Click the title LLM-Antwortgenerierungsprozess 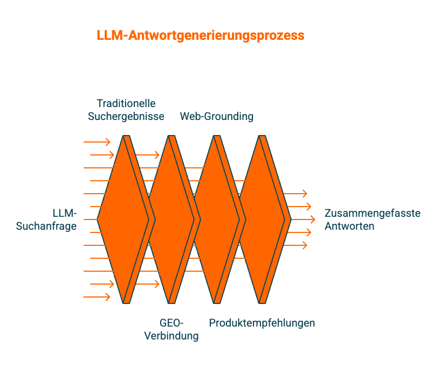click(x=201, y=36)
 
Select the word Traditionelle click(x=126, y=103)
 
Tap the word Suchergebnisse click(x=126, y=116)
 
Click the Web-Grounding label click(x=217, y=116)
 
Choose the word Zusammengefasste click(x=373, y=213)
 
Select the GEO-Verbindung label click(x=171, y=329)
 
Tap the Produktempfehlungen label click(x=262, y=323)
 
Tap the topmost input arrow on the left click(x=97, y=142)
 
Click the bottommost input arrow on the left click(x=97, y=297)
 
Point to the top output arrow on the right click(x=295, y=194)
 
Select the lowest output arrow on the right click(x=295, y=245)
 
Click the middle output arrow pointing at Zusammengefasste click(x=303, y=220)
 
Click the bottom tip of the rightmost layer click(x=263, y=302)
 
